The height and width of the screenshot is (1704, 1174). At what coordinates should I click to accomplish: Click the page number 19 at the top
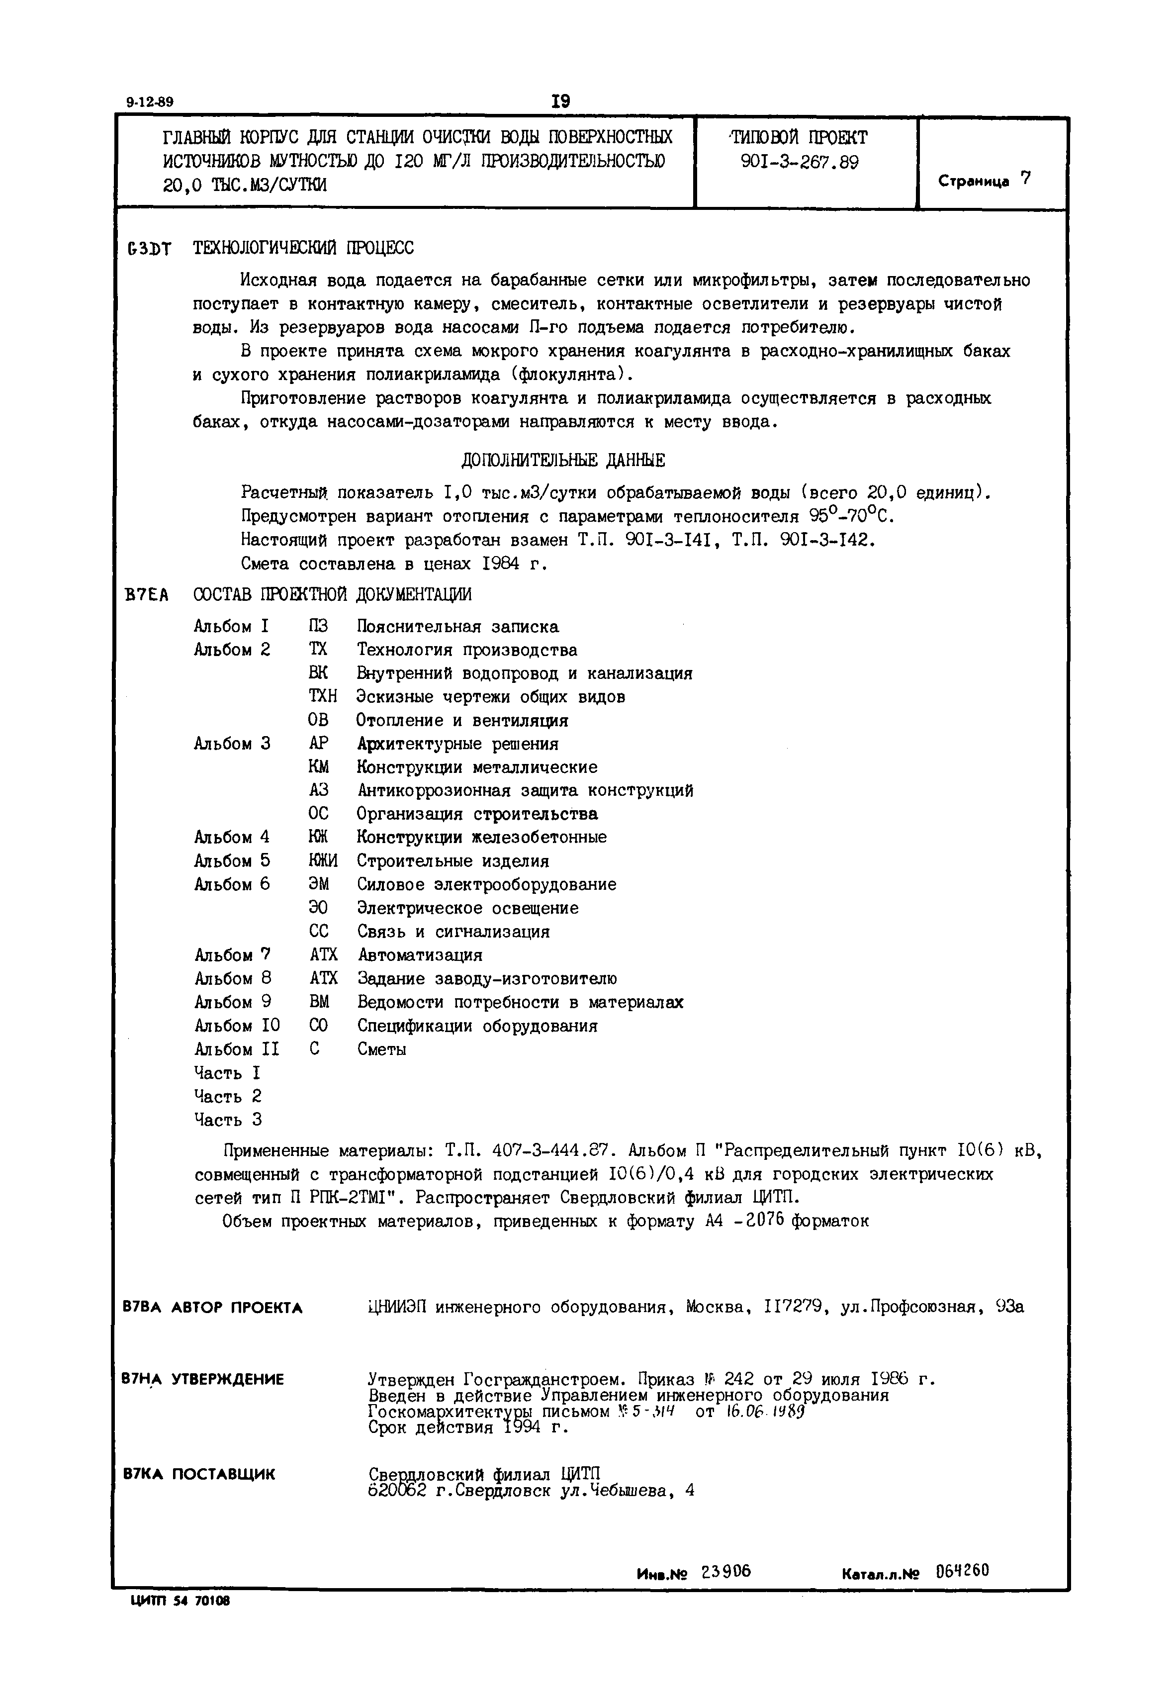[560, 101]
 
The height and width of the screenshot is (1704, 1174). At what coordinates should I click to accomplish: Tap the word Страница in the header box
[973, 182]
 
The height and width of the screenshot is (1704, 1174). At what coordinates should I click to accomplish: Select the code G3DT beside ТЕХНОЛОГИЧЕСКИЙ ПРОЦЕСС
[149, 249]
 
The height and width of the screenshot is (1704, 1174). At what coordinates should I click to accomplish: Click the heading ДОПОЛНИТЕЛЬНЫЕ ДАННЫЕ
[563, 461]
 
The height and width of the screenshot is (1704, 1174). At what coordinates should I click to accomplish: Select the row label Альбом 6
[232, 884]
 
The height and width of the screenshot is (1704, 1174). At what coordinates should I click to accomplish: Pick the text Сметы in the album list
[382, 1049]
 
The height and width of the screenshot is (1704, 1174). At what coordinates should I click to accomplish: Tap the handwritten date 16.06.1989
[764, 1413]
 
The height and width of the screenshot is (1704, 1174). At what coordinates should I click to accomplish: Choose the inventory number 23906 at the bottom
[726, 1572]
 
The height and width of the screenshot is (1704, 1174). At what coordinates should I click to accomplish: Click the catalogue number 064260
[962, 1572]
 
